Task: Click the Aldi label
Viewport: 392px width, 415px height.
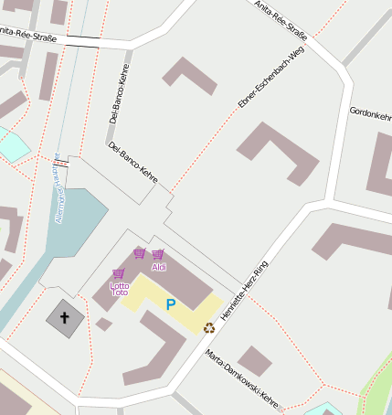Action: (159, 267)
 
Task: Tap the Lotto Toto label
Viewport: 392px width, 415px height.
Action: (119, 288)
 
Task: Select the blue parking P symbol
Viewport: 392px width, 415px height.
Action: (170, 304)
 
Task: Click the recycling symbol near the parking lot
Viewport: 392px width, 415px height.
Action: (209, 327)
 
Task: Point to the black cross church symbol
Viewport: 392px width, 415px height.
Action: (65, 318)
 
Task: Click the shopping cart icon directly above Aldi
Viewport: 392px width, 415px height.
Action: (158, 254)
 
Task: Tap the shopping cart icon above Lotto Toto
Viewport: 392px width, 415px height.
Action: (118, 273)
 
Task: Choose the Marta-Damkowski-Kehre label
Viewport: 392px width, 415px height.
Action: (241, 378)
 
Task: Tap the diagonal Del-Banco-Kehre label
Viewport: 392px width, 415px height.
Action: (132, 161)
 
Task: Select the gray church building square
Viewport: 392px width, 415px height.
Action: (65, 318)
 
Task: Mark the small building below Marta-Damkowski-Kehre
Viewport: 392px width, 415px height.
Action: (255, 361)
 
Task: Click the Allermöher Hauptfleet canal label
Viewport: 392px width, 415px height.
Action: (57, 197)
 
